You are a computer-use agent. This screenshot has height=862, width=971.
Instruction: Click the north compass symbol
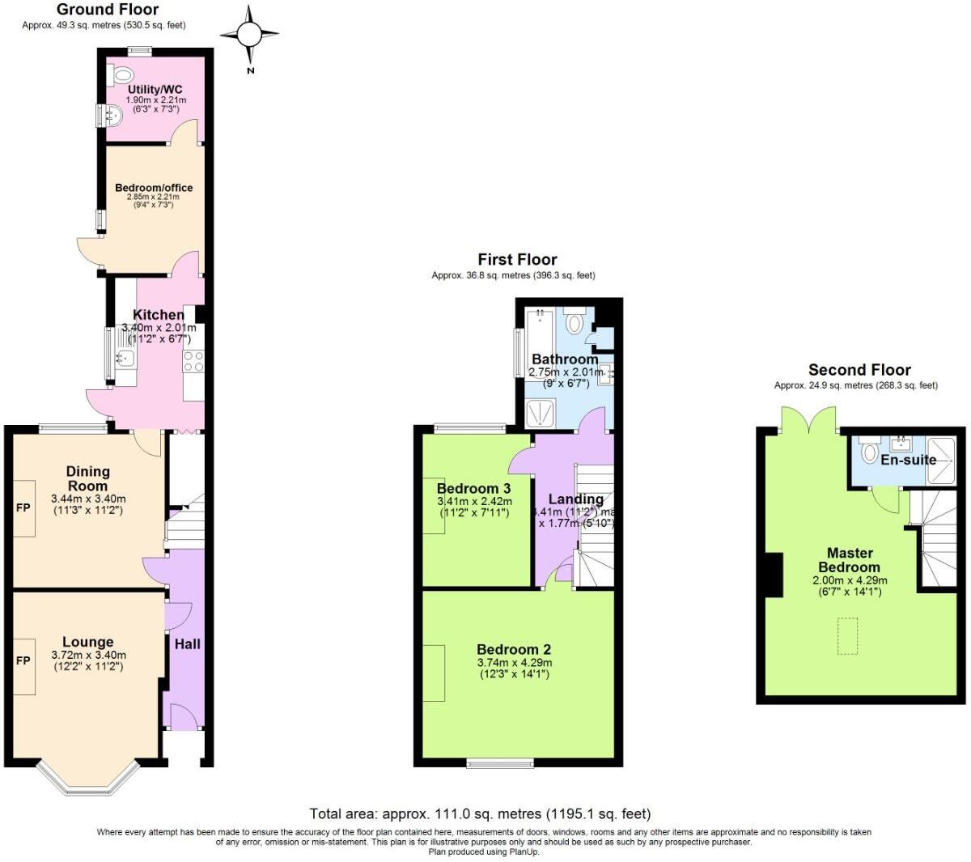249,35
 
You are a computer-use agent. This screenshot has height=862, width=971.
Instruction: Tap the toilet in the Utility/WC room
120,74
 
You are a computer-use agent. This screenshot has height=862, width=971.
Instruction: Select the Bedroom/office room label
154,188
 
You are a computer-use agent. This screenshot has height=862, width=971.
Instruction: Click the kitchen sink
125,357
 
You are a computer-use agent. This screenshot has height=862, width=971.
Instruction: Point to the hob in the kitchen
193,362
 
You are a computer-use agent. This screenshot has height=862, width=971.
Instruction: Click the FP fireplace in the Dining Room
23,508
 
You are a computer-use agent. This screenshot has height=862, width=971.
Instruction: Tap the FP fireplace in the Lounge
23,660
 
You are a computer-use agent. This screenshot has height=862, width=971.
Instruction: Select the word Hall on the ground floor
187,644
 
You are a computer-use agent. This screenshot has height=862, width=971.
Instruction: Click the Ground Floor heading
108,10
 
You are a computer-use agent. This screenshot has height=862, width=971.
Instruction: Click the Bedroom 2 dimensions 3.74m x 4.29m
514,663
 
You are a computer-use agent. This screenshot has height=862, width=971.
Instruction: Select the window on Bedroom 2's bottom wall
500,762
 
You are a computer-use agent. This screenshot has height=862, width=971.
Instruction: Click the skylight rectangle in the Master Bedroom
847,636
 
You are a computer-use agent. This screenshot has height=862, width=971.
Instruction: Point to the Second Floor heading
859,370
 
